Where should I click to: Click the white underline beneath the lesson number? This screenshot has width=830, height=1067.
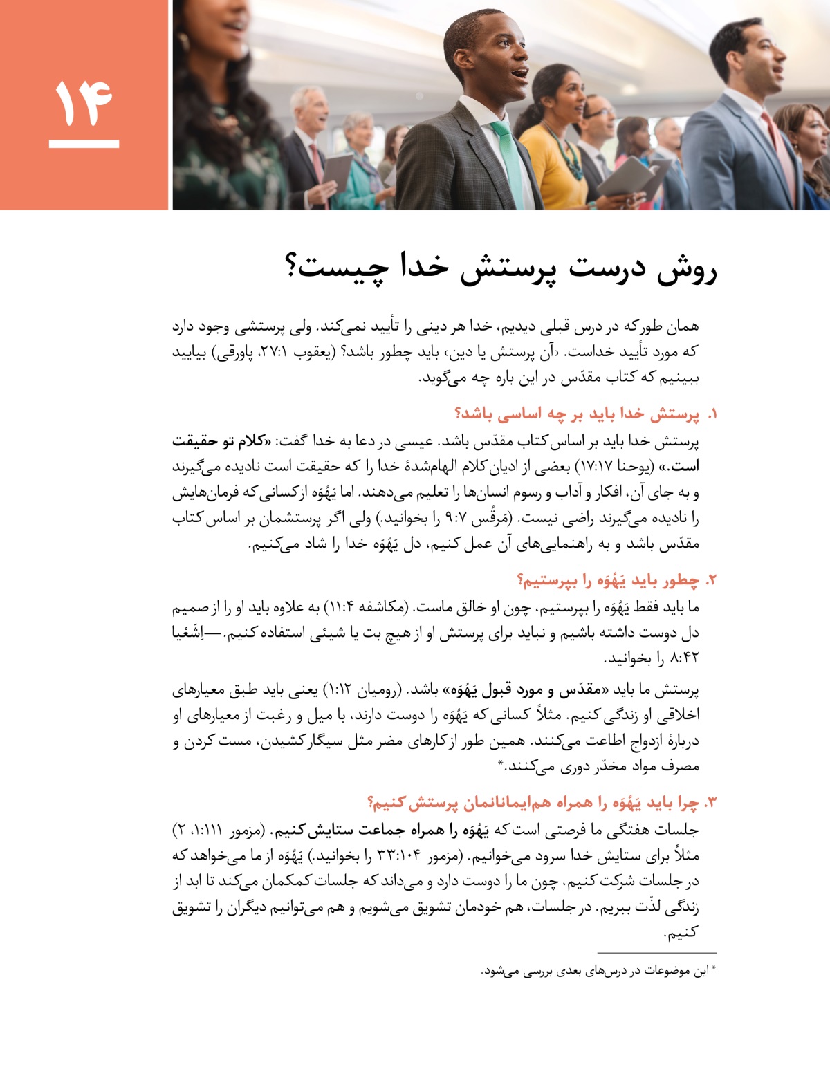pos(84,145)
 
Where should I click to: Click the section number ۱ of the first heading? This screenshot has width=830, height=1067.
pos(710,414)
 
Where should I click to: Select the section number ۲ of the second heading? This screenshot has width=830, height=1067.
pos(710,579)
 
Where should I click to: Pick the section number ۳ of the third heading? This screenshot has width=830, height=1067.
pos(710,802)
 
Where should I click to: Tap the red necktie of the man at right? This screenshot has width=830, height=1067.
pos(777,149)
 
